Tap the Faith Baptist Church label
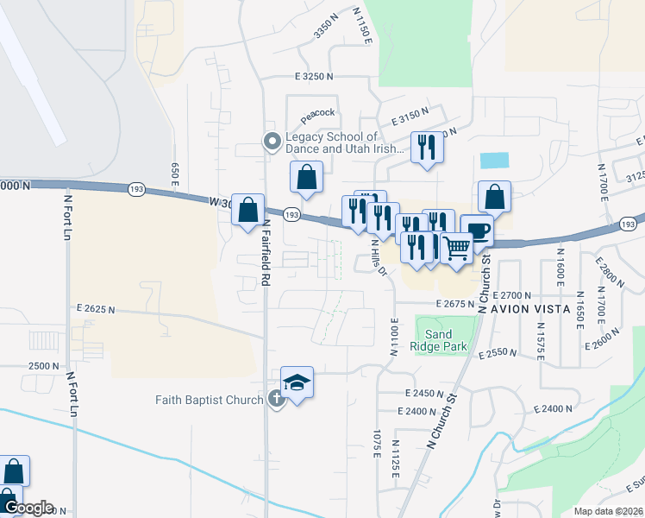209,400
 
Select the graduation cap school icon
297,383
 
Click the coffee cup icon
477,231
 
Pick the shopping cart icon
456,248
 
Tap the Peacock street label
316,114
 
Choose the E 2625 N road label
97,308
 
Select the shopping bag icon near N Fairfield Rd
248,210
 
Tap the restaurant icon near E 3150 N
427,148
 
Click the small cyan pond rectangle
494,161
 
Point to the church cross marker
276,399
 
